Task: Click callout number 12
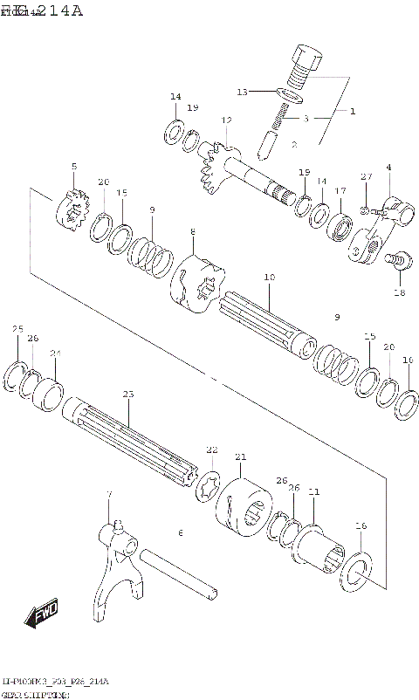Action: pyautogui.click(x=226, y=120)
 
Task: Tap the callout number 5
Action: pyautogui.click(x=74, y=167)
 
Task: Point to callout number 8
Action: pyautogui.click(x=193, y=232)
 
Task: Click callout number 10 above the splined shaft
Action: pyautogui.click(x=270, y=278)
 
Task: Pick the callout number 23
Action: pyautogui.click(x=128, y=395)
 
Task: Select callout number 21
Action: pyautogui.click(x=241, y=456)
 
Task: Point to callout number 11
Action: pyautogui.click(x=313, y=492)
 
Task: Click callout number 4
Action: pyautogui.click(x=388, y=167)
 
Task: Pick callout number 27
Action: pyautogui.click(x=367, y=177)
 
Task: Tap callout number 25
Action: pyautogui.click(x=17, y=329)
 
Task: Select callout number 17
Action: pyautogui.click(x=340, y=190)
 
